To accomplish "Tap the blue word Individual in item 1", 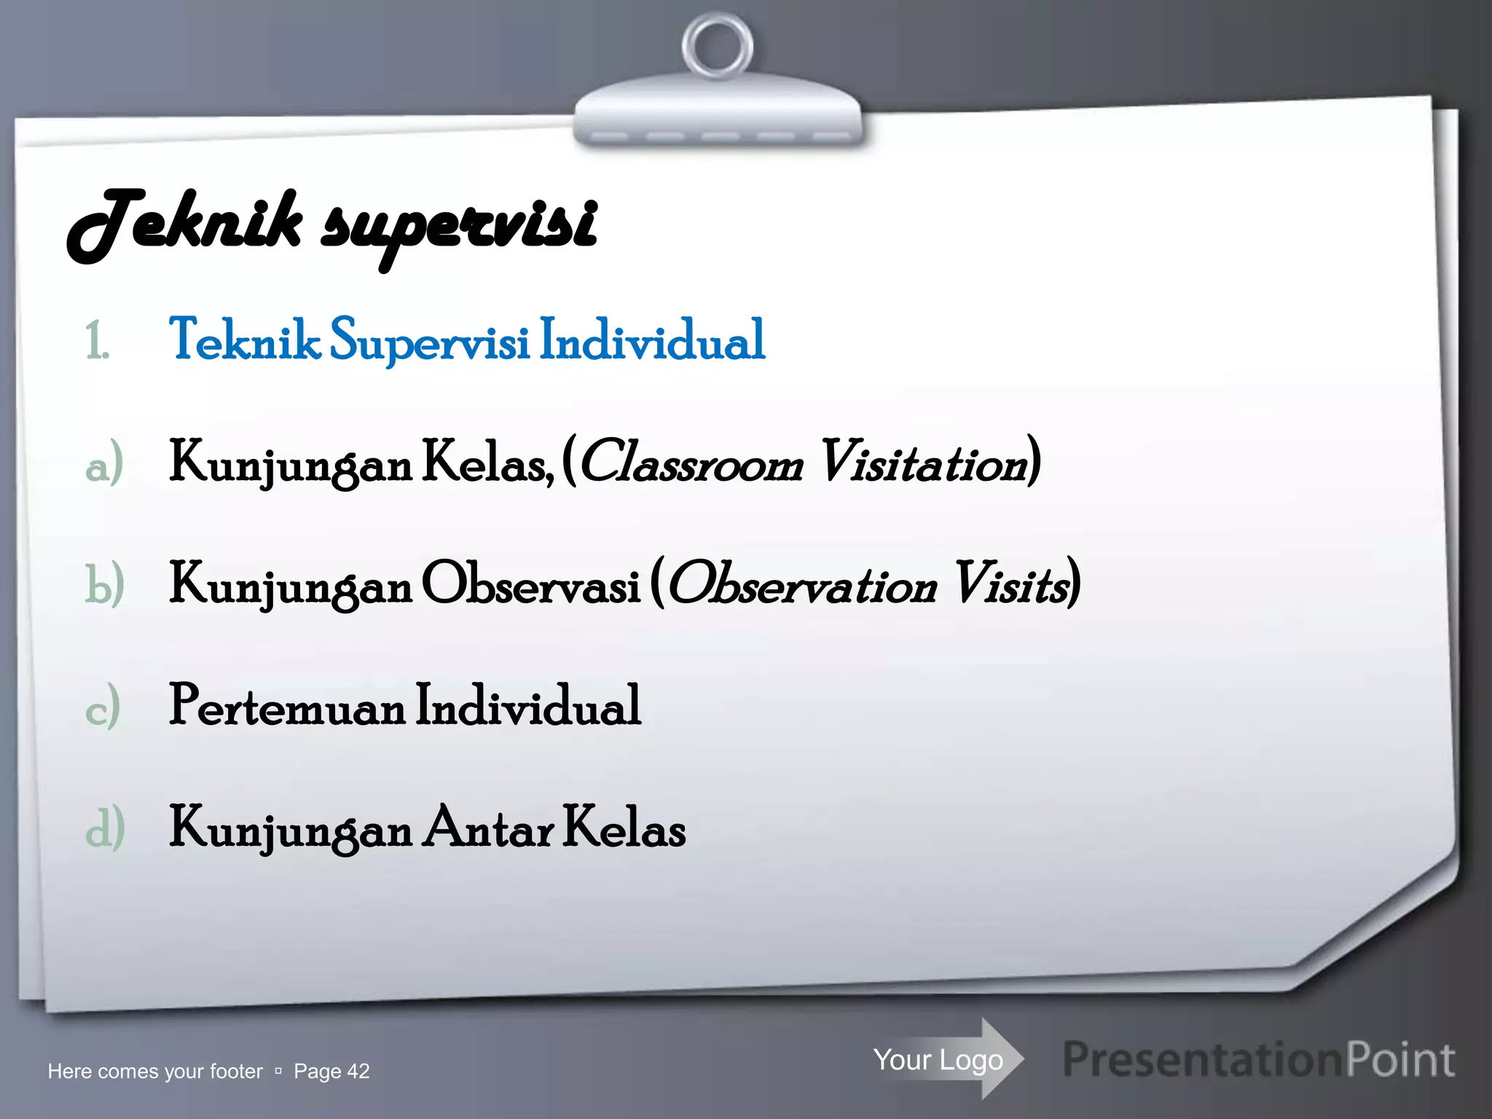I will tap(652, 339).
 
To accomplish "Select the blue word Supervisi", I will tap(429, 341).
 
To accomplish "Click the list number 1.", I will tap(97, 341).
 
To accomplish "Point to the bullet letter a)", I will tap(103, 463).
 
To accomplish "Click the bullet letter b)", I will tap(104, 585).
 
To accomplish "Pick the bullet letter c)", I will tap(103, 707).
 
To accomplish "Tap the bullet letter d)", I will tap(105, 828).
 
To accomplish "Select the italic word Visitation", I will tap(924, 462).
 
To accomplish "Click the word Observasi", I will tap(530, 584).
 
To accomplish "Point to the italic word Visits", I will tap(1013, 584).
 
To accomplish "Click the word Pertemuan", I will tap(287, 705).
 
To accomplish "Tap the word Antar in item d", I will tap(490, 828).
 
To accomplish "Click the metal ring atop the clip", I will tap(718, 46).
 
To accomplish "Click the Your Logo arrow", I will tap(947, 1059).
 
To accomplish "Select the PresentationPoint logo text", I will tap(1259, 1059).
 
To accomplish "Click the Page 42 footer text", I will tap(331, 1071).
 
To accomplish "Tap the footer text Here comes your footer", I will tap(154, 1071).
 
